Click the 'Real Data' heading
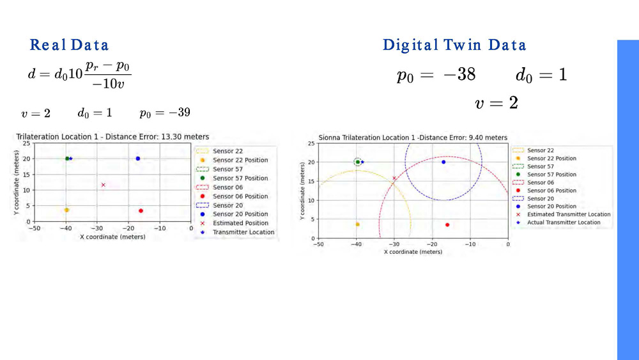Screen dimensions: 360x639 coord(69,45)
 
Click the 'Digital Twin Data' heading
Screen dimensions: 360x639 coord(454,45)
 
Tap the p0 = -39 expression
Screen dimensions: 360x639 coord(165,113)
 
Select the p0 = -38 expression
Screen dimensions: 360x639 coord(436,75)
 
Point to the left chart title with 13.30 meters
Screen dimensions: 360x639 coord(112,136)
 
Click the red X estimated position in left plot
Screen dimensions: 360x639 coord(103,185)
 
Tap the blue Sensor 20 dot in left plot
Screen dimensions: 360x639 coord(138,159)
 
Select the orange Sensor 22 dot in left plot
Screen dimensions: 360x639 coord(66,210)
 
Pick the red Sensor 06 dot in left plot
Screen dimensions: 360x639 coord(141,211)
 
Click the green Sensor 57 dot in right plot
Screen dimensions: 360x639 coord(358,162)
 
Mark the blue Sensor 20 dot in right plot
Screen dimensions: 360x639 coord(443,162)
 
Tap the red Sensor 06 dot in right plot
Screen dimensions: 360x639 coord(447,224)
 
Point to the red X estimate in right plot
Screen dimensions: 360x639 coord(394,178)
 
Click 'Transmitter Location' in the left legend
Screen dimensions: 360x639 coord(243,232)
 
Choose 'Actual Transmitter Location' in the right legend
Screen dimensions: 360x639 coord(564,223)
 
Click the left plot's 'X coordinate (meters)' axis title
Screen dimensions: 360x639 coord(112,237)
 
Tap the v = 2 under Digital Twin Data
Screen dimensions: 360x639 coord(496,103)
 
